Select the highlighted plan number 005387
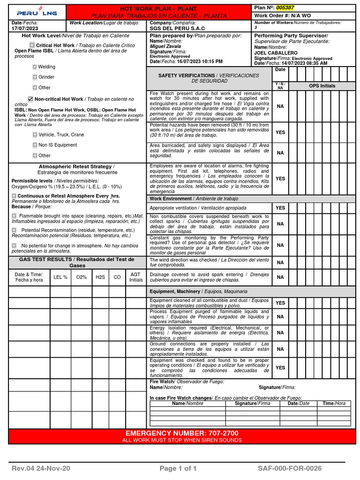pyautogui.click(x=286, y=8)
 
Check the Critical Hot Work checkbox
pyautogui.click(x=32, y=45)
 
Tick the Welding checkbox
pyautogui.click(x=35, y=67)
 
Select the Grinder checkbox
pyautogui.click(x=35, y=77)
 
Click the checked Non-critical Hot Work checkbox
pyautogui.click(x=30, y=99)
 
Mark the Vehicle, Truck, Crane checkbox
pyautogui.click(x=35, y=135)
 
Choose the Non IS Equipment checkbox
pyautogui.click(x=35, y=145)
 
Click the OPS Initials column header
pyautogui.click(x=322, y=86)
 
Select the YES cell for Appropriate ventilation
pyautogui.click(x=280, y=208)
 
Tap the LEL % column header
pyautogui.click(x=60, y=277)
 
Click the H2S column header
pyautogui.click(x=100, y=277)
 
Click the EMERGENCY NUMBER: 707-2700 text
pyautogui.click(x=182, y=433)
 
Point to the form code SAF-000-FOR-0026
pyautogui.click(x=289, y=468)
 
